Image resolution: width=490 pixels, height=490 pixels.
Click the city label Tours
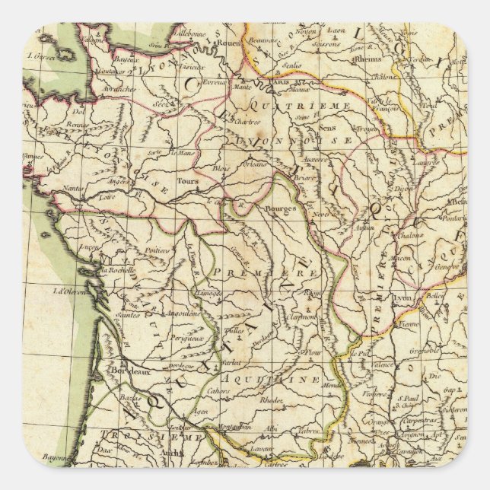pos(187,182)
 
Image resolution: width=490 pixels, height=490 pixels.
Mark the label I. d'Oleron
pos(68,290)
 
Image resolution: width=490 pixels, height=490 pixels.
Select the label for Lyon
pos(402,298)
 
